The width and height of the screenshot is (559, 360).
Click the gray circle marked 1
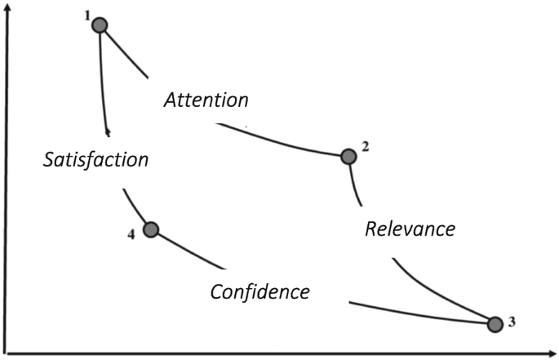100,25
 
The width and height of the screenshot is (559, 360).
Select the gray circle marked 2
348,156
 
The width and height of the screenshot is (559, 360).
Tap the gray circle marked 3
495,324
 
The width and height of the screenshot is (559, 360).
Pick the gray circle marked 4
150,229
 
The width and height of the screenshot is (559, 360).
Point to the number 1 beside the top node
87,17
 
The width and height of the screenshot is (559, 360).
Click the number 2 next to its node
366,147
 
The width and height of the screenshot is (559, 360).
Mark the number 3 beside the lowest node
512,321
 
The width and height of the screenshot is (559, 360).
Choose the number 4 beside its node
131,235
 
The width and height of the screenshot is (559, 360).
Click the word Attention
206,100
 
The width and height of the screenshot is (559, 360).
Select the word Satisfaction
95,159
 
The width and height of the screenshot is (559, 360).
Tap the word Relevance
409,229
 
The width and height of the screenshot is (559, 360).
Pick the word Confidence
260,291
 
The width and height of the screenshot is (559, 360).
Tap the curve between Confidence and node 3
416,314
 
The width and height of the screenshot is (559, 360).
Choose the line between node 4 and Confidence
188,250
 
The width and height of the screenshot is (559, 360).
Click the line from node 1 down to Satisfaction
102,82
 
